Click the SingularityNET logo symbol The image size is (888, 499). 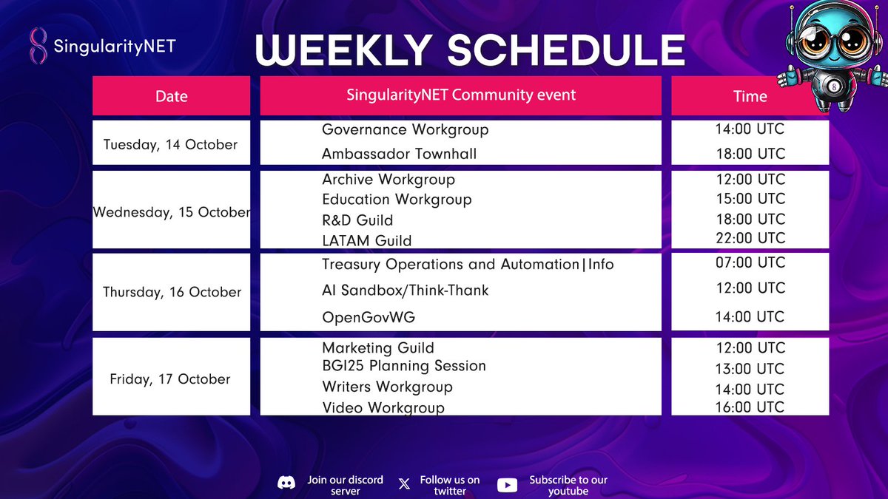pyautogui.click(x=38, y=46)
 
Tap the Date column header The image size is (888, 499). pyautogui.click(x=171, y=96)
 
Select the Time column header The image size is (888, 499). pyautogui.click(x=750, y=96)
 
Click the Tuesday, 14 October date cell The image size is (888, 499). pyautogui.click(x=170, y=145)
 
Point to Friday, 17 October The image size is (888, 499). pyautogui.click(x=170, y=379)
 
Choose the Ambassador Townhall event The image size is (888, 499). pyautogui.click(x=399, y=154)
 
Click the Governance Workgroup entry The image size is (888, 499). pyautogui.click(x=406, y=130)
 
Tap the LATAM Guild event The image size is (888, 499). pyautogui.click(x=367, y=240)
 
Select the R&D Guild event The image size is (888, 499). pyautogui.click(x=357, y=220)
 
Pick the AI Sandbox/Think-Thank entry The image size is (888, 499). pyautogui.click(x=406, y=291)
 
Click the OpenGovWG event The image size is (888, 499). pyautogui.click(x=369, y=317)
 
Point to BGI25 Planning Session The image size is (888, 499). pyautogui.click(x=404, y=366)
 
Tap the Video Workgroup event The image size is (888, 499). pyautogui.click(x=383, y=407)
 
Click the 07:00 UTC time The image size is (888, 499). pyautogui.click(x=750, y=262)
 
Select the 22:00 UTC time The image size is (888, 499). pyautogui.click(x=750, y=238)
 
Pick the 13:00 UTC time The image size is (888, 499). pyautogui.click(x=750, y=369)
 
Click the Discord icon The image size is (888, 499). pyautogui.click(x=286, y=483)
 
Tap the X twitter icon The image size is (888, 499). pyautogui.click(x=404, y=483)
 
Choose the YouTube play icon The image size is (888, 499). pyautogui.click(x=508, y=485)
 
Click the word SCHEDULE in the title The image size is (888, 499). pyautogui.click(x=567, y=50)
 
